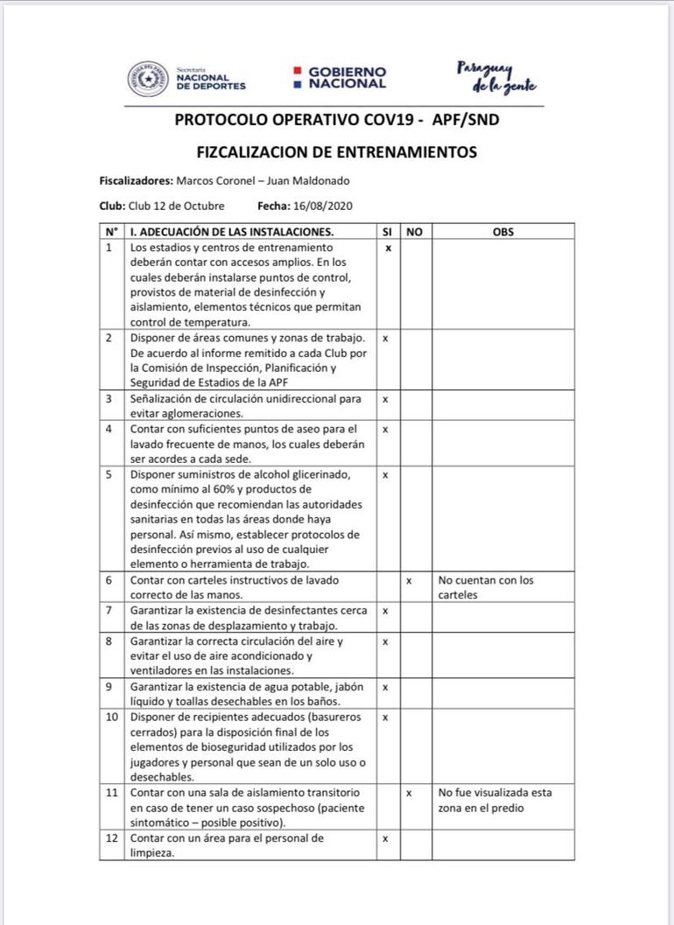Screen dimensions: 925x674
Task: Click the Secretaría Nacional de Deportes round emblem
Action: click(148, 79)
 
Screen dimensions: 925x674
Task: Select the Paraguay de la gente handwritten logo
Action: click(495, 77)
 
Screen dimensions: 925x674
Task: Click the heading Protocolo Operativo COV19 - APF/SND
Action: click(337, 120)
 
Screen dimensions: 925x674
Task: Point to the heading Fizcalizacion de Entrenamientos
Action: click(337, 151)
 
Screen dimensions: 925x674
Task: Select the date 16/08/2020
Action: click(325, 206)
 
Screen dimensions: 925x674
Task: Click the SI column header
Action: click(387, 232)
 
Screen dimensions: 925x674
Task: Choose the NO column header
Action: click(415, 232)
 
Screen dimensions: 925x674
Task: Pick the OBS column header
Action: click(503, 232)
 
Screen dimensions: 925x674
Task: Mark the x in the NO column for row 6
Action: click(409, 580)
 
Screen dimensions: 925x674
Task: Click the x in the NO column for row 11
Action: click(409, 793)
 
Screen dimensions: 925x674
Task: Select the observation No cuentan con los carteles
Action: click(486, 587)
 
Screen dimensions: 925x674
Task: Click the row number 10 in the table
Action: click(112, 717)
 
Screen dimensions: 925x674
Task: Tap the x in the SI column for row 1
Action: click(388, 249)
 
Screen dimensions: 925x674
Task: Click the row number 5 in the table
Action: click(109, 474)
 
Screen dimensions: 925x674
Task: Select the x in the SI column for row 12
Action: click(385, 838)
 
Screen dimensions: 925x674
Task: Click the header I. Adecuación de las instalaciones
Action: click(232, 232)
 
